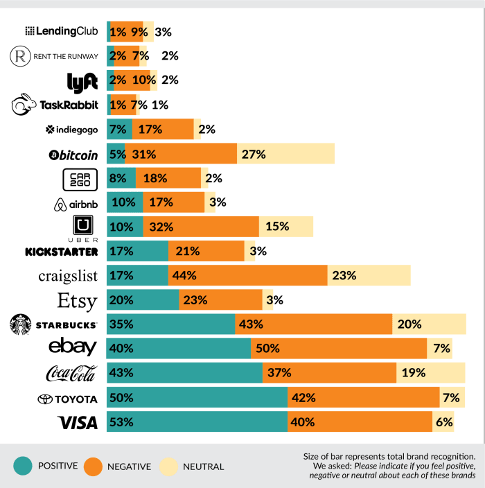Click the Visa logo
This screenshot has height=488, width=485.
point(77,422)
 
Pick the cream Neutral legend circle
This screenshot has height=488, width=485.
point(168,467)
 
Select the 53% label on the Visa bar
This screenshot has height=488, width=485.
point(121,422)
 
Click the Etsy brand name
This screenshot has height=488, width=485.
point(78,300)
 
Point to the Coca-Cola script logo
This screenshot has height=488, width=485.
point(71,374)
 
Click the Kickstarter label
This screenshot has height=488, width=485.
point(61,252)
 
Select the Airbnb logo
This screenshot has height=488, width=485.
point(76,203)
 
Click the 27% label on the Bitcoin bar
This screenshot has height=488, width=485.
point(254,154)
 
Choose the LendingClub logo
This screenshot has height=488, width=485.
point(61,32)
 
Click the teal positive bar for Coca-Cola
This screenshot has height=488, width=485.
point(184,373)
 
